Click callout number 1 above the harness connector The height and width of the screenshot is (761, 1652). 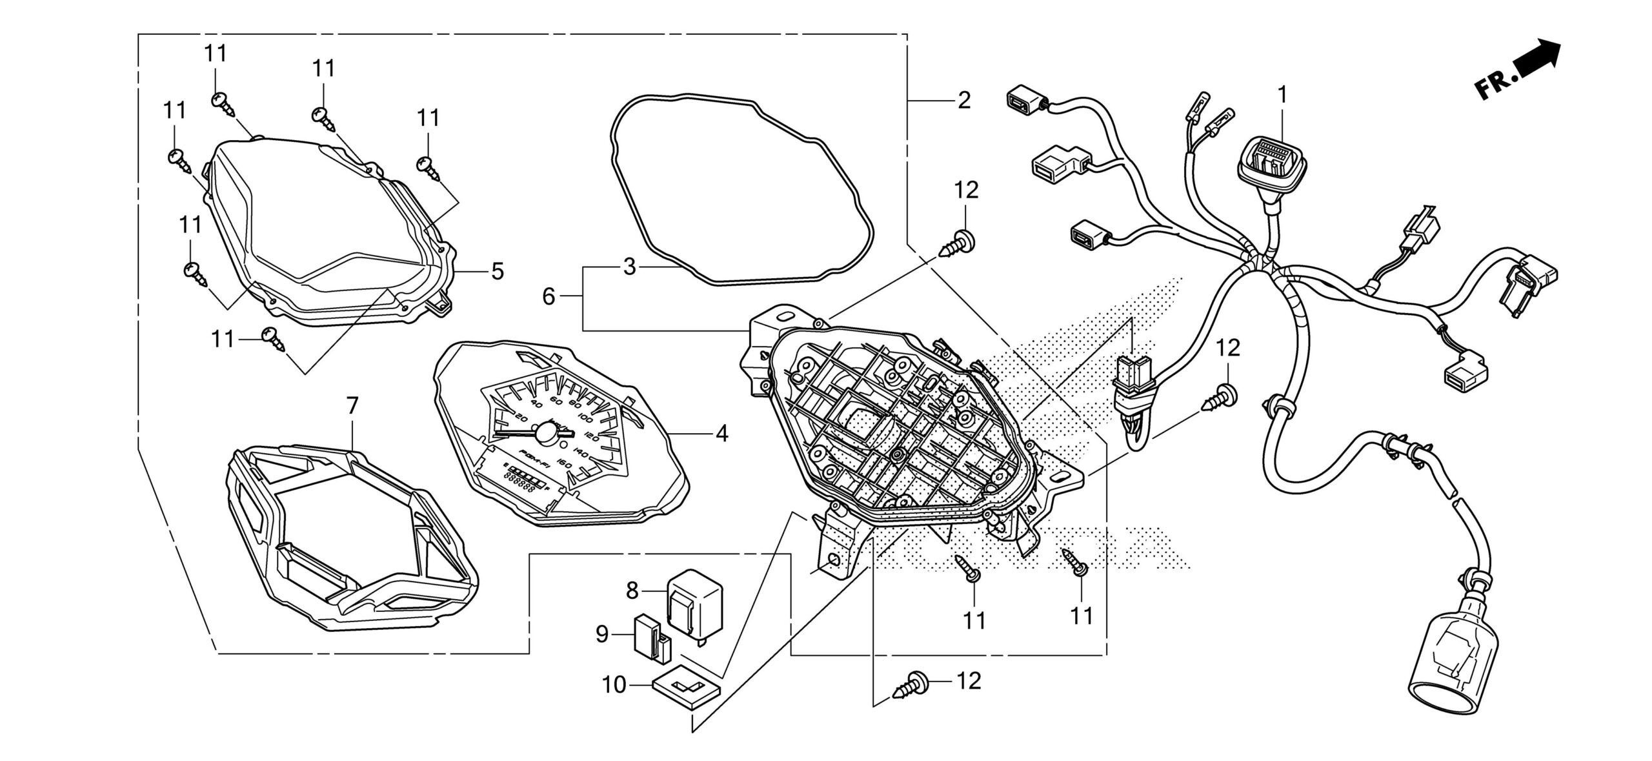point(1282,95)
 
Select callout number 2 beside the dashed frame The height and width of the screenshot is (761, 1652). point(963,101)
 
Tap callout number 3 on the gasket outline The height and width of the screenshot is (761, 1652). point(630,267)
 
